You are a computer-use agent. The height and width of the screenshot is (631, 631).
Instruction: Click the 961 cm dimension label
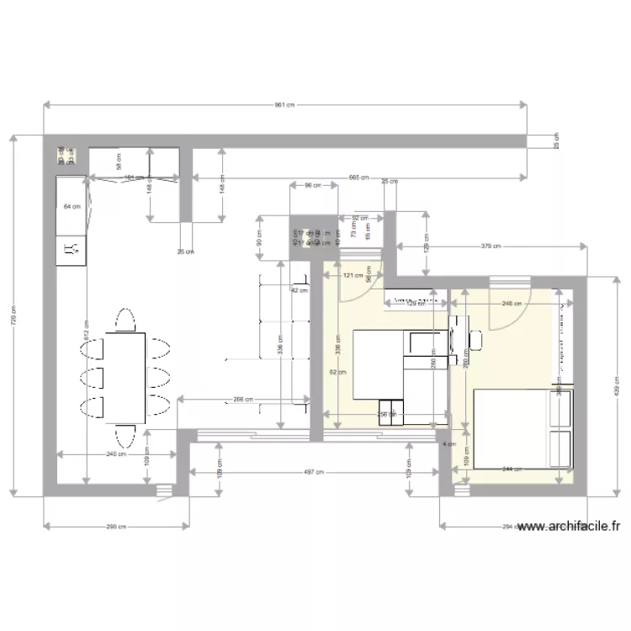pos(285,105)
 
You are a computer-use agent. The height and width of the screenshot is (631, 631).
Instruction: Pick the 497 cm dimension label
pos(313,473)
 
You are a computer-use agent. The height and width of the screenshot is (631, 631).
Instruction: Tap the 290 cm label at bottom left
pos(116,528)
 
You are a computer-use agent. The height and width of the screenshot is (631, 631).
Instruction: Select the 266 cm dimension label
pos(244,400)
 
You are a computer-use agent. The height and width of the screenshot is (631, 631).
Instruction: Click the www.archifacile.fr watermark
pos(570,528)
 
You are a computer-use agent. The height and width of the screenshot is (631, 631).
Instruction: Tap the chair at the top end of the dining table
pos(125,321)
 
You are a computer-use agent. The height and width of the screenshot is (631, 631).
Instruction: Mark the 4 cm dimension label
pos(448,444)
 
